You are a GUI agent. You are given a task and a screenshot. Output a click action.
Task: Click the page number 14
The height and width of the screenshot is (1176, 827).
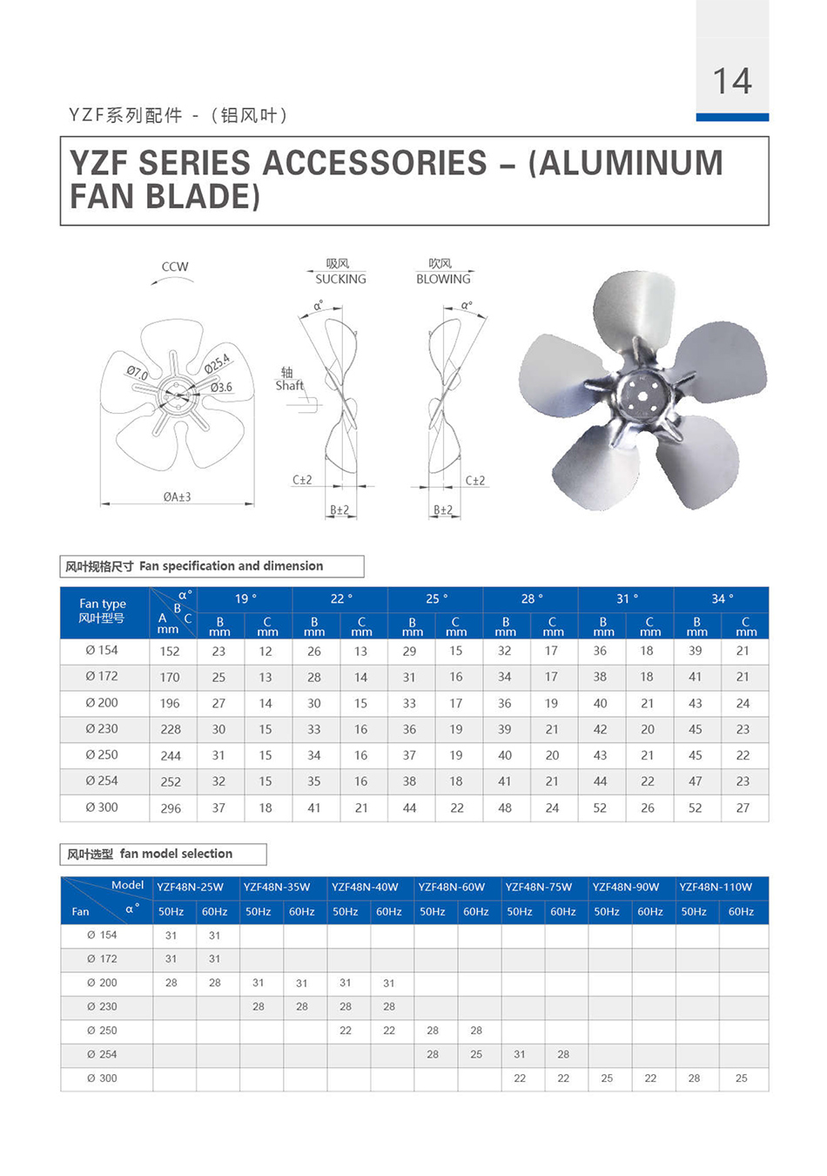[731, 81]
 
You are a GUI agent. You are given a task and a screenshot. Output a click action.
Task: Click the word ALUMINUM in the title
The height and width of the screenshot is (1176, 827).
[626, 163]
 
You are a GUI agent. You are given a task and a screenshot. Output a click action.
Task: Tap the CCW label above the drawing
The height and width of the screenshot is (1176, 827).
[175, 267]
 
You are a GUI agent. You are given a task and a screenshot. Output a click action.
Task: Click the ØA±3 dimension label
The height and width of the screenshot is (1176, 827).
[177, 497]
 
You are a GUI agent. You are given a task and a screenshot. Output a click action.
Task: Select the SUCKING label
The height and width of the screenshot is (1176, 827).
[340, 279]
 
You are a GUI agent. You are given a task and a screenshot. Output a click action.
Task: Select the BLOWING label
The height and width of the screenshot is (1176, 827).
[443, 279]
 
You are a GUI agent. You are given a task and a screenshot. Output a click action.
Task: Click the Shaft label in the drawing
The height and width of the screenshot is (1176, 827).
[290, 385]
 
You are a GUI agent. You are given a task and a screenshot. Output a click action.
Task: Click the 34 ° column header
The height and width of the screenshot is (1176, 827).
[722, 598]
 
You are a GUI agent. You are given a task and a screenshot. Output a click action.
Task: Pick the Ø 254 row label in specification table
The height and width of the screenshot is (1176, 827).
[102, 781]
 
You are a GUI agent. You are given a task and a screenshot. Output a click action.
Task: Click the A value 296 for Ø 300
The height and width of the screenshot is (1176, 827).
[171, 808]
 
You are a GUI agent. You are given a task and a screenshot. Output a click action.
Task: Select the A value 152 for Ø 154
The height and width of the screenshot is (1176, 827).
[170, 651]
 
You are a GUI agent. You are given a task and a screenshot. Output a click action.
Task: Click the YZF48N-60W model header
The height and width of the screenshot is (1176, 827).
[451, 887]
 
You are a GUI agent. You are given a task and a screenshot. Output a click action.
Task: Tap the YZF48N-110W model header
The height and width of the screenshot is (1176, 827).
[716, 887]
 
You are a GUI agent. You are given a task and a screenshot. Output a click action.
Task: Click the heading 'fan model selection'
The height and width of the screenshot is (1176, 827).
[176, 854]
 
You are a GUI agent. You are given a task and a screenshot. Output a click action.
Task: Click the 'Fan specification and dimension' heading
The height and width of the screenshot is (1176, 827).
[231, 565]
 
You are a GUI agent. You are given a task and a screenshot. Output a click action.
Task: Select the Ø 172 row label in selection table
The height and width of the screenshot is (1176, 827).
[102, 958]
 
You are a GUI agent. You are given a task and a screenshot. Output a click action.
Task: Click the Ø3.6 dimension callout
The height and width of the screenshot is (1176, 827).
[221, 387]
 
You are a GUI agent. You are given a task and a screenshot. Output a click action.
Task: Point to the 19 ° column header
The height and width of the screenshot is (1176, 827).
[245, 598]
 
